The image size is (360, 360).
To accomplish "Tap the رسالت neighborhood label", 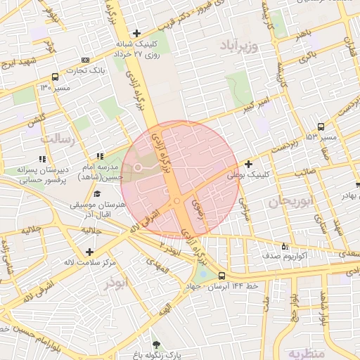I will pos(58,139).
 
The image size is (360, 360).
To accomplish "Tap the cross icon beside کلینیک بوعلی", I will pos(249,164).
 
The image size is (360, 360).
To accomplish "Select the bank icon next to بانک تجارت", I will pos(86,60).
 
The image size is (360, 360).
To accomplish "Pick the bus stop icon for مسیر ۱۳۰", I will pos(56,77).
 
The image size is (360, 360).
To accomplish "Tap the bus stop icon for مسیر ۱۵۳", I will pos(321,127).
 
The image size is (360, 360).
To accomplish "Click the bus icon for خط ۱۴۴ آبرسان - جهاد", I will pos(222,276).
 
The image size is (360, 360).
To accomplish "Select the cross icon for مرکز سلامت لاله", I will pos(89,252).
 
